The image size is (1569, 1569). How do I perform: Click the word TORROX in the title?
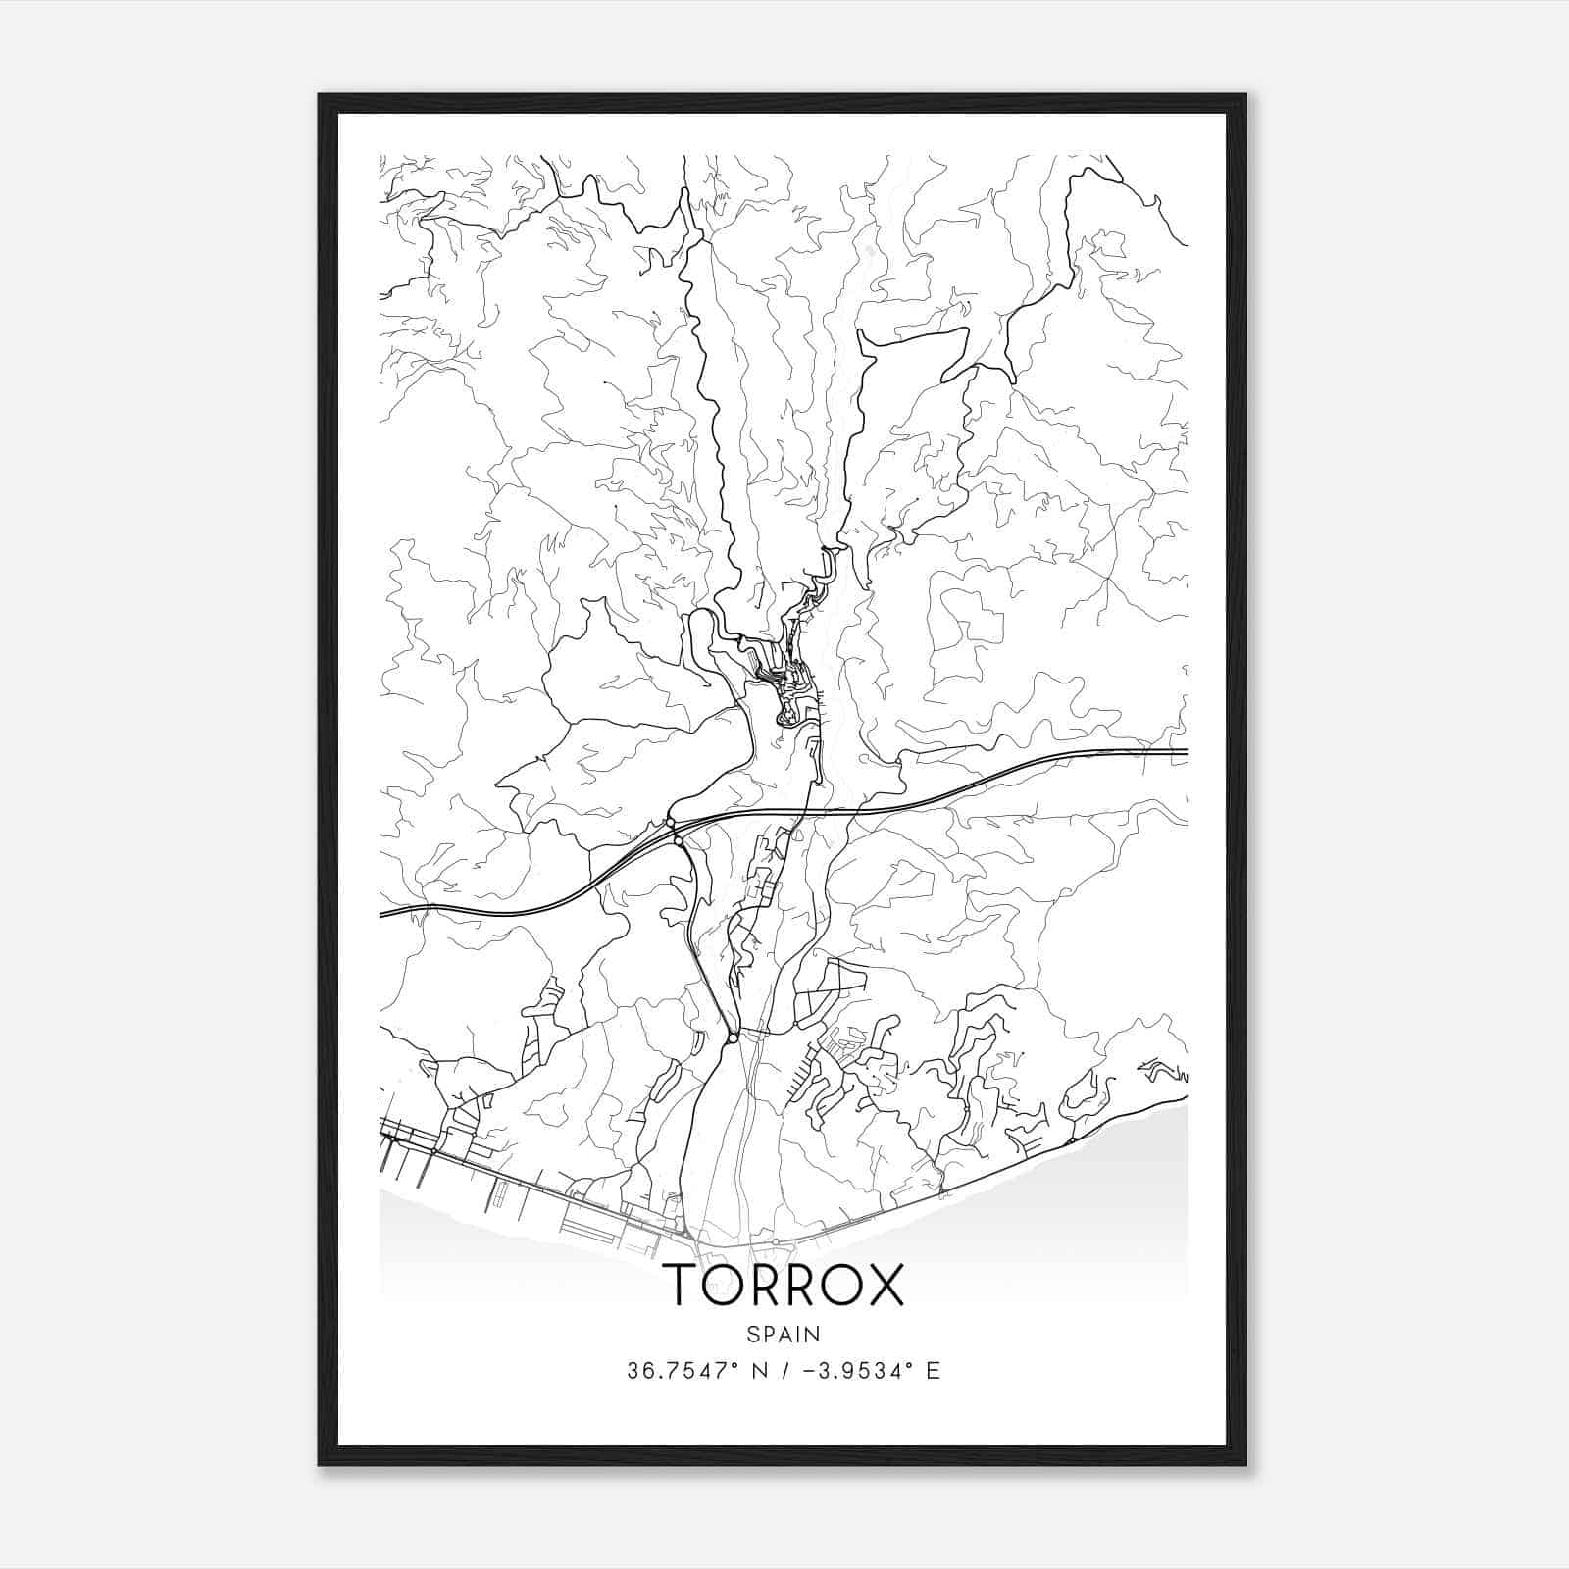tap(784, 1286)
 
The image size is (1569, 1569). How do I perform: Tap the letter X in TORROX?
tap(880, 1286)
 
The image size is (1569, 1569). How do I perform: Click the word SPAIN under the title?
tap(784, 1334)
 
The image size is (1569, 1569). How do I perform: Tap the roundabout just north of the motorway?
tap(671, 822)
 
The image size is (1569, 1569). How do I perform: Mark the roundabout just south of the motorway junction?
tap(679, 841)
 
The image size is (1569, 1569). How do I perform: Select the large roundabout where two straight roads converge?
tap(733, 1037)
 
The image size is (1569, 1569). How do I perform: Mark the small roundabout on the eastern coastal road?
tap(1072, 1140)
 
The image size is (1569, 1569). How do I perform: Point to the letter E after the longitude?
tap(933, 1371)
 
